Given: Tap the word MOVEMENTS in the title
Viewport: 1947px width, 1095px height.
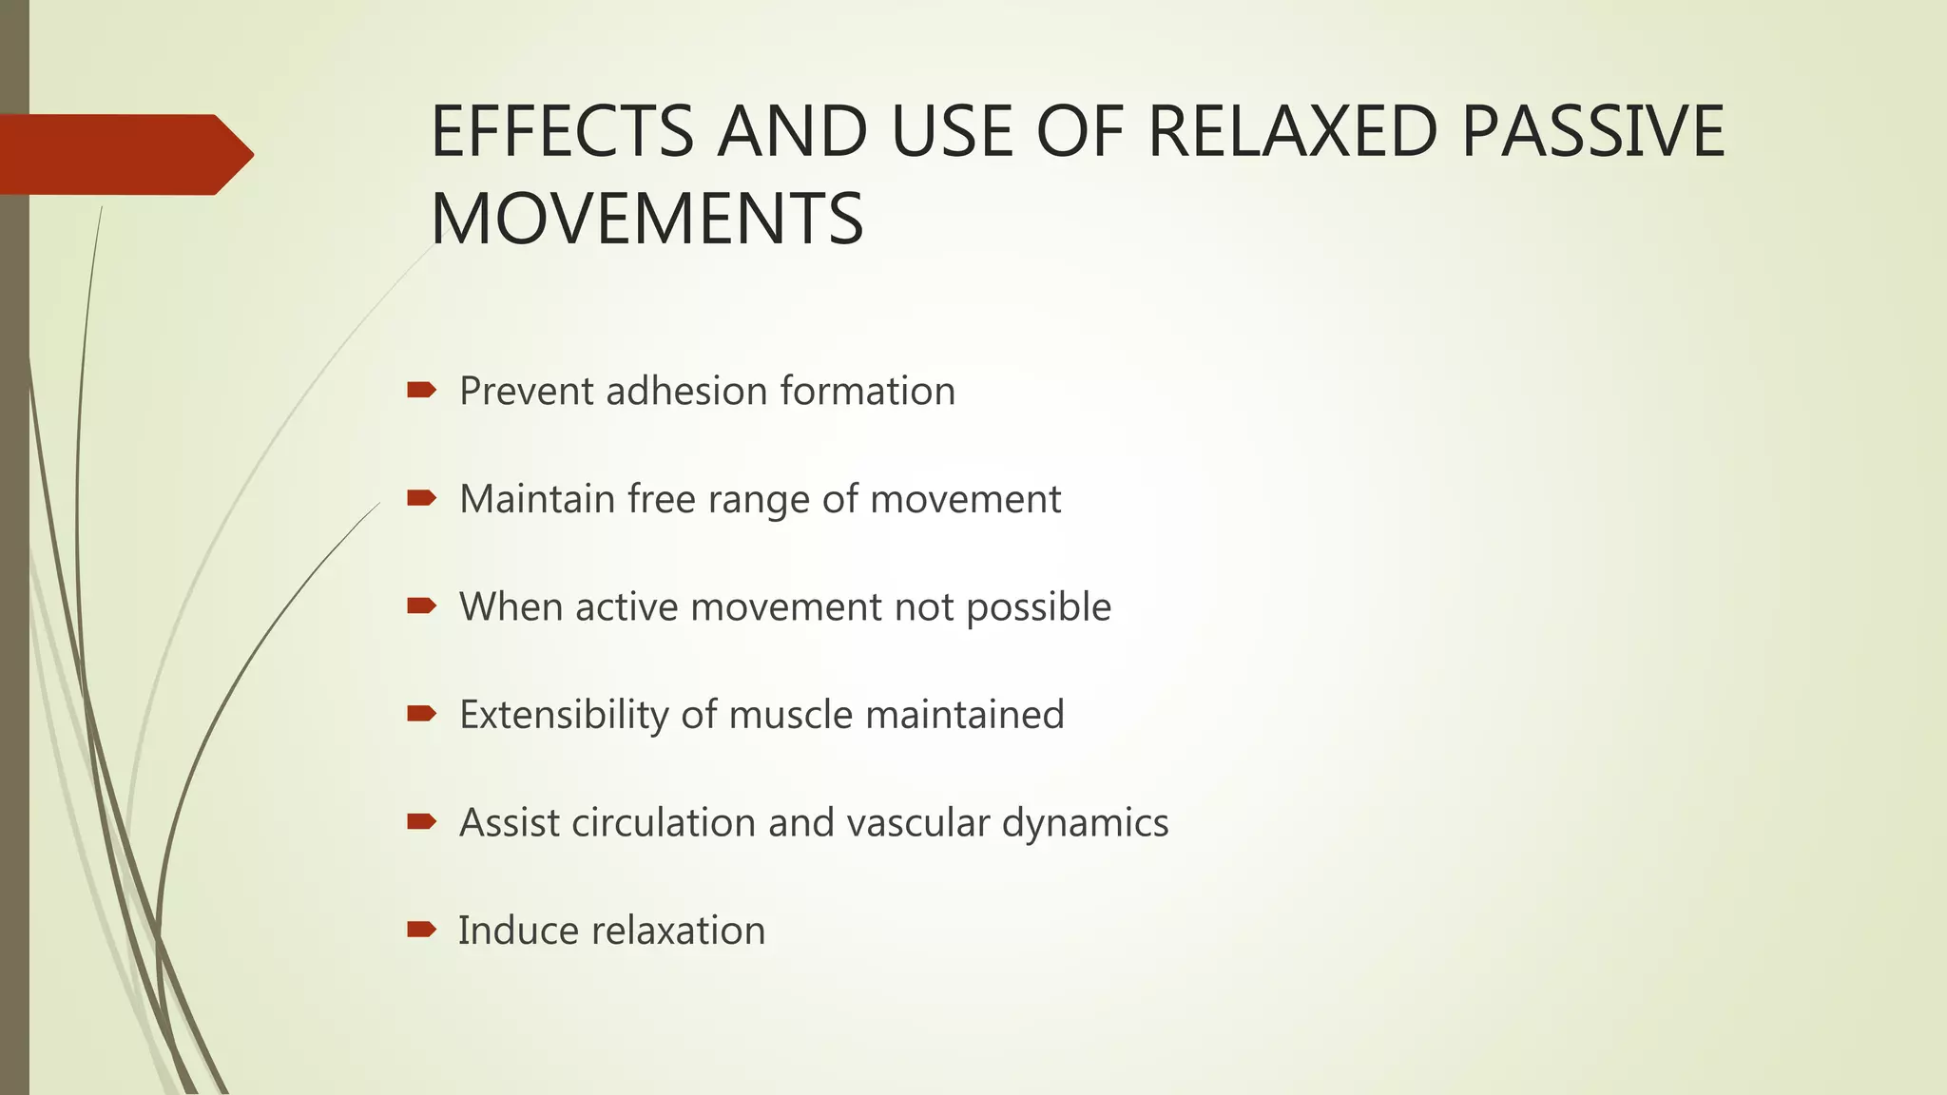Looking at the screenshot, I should (x=646, y=220).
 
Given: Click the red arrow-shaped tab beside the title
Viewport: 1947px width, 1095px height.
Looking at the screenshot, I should (x=124, y=154).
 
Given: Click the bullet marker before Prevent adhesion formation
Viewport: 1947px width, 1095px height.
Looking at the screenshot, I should (x=421, y=390).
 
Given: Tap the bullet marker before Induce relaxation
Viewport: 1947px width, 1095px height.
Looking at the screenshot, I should (x=421, y=929).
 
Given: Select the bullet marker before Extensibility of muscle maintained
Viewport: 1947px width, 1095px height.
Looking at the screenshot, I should (x=421, y=713).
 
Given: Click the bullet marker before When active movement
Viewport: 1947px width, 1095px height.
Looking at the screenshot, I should (x=421, y=605).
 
